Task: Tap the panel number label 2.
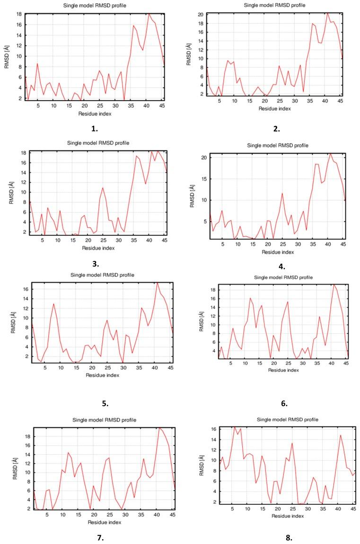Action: [x=277, y=128]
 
